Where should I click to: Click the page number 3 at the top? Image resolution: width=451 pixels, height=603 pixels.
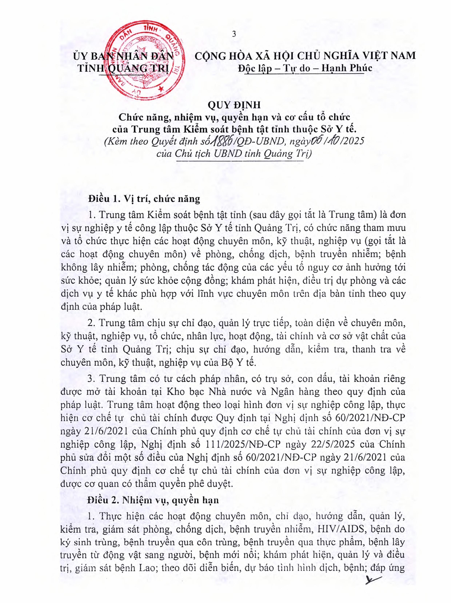(234, 34)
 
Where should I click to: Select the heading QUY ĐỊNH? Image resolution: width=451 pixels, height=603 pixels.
(234, 105)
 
